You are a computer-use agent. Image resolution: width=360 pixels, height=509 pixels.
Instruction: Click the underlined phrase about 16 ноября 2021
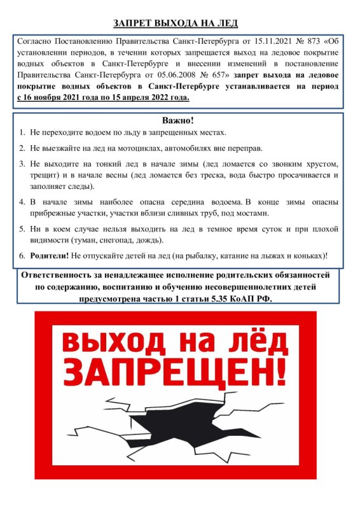tap(103, 99)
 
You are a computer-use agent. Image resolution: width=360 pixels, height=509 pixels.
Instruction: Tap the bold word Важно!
tap(179, 120)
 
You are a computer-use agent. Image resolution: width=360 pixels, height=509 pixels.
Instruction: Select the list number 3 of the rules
tap(20, 163)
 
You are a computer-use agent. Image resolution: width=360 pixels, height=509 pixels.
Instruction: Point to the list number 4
tap(20, 201)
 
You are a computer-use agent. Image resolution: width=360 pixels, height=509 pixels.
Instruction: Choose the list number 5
tap(20, 228)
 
